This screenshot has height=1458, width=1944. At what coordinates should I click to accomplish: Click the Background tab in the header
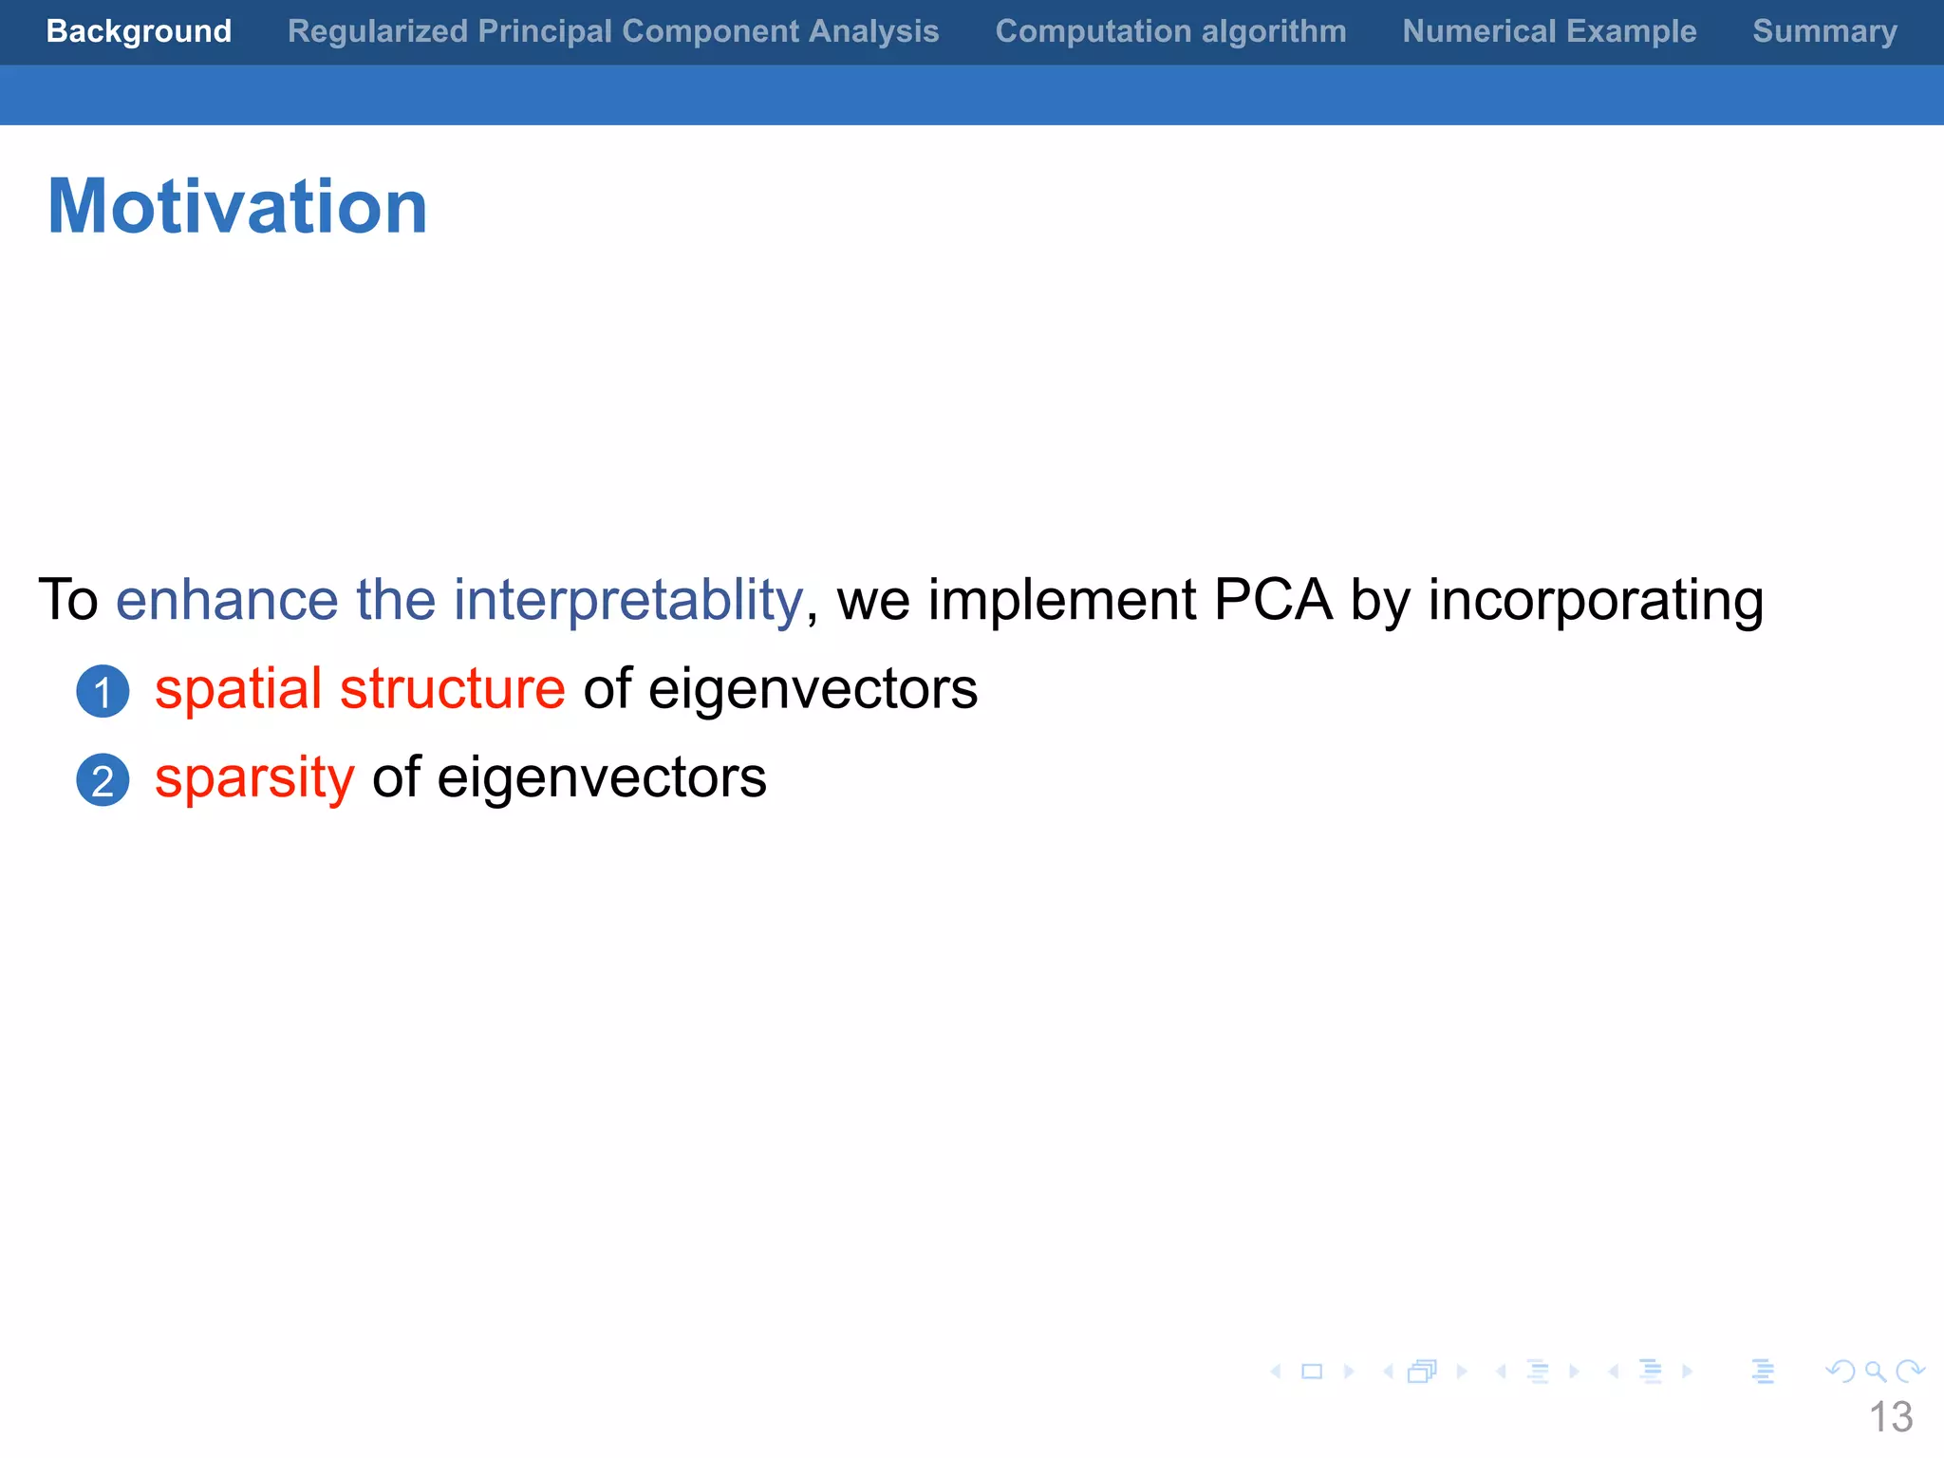[x=139, y=31]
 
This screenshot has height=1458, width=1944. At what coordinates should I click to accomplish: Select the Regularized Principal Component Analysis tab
[x=613, y=31]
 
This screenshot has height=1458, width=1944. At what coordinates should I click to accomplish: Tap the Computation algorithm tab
[x=1170, y=31]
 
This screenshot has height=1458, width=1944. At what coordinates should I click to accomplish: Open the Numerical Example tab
[x=1549, y=31]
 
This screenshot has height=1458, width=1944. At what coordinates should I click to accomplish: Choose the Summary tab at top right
[x=1824, y=31]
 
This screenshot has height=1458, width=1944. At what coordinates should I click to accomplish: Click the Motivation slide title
[x=237, y=206]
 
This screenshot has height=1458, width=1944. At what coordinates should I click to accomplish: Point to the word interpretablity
[x=627, y=601]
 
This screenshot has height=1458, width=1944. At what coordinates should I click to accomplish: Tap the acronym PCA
[x=1273, y=601]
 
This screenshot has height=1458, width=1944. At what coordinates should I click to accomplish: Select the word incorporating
[x=1596, y=601]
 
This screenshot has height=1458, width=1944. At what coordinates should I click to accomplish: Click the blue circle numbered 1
[x=103, y=691]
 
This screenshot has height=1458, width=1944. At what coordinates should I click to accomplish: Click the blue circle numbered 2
[x=103, y=780]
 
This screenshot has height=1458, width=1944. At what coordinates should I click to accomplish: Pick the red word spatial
[x=238, y=689]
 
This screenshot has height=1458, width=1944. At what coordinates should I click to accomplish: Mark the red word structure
[x=453, y=689]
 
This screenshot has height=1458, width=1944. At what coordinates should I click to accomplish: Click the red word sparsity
[x=254, y=778]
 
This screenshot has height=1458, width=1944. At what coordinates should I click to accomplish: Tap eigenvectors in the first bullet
[x=813, y=689]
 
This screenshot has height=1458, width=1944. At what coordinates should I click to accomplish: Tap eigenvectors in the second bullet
[x=601, y=778]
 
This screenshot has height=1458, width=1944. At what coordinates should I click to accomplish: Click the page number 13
[x=1890, y=1417]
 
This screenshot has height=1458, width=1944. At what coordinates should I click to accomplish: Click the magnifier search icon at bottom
[x=1875, y=1372]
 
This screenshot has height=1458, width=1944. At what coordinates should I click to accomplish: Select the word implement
[x=1061, y=601]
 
